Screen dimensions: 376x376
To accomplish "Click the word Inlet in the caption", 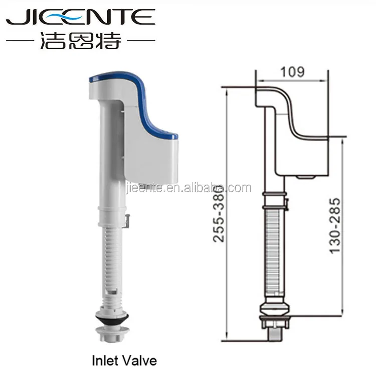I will pyautogui.click(x=103, y=360).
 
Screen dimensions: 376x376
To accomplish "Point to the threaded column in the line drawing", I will pyautogui.click(x=275, y=251).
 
